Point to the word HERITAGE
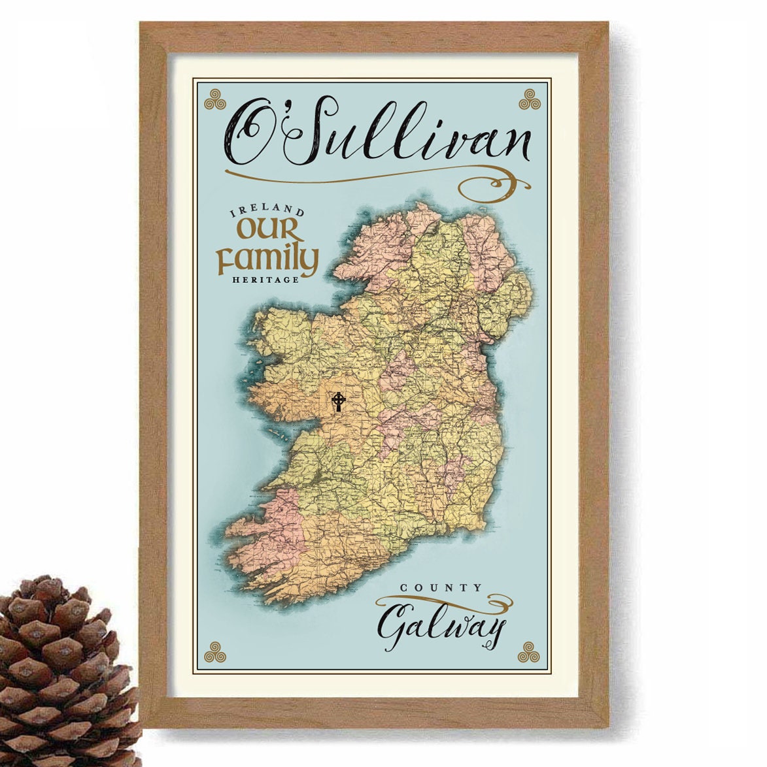(x=265, y=280)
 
